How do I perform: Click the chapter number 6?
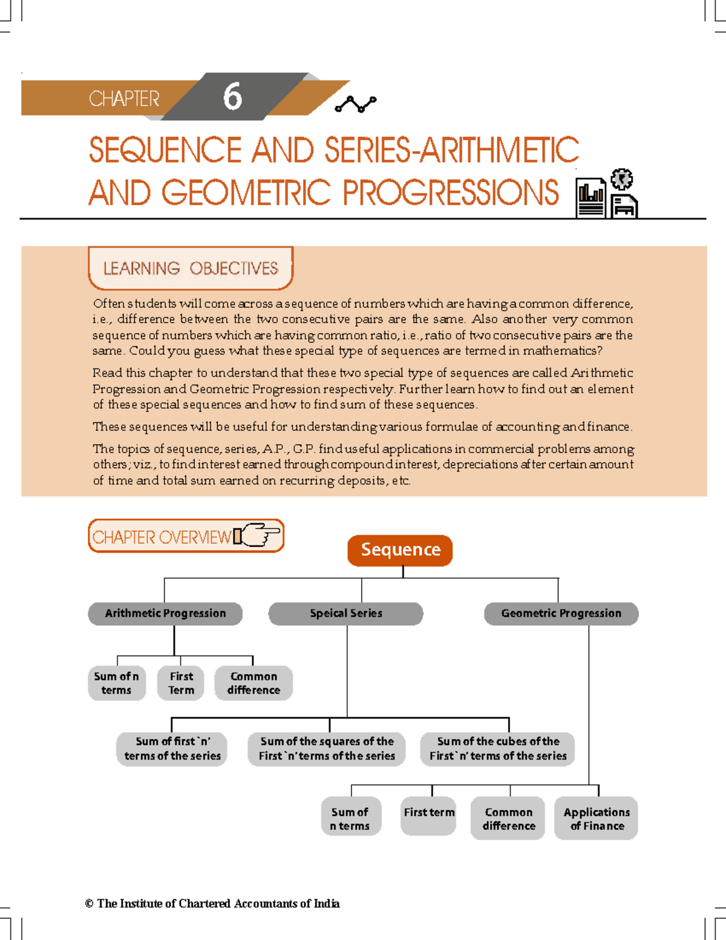click(232, 97)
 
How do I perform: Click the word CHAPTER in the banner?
click(124, 99)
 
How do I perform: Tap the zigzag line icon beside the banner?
click(355, 104)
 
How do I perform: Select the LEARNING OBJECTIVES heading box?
click(191, 268)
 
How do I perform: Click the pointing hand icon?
click(259, 535)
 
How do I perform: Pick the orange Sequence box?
click(400, 550)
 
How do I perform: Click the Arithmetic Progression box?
click(165, 613)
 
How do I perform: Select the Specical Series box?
click(345, 613)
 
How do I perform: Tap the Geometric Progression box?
click(561, 613)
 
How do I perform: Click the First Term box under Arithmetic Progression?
click(181, 683)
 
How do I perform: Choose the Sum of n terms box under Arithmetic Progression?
click(117, 683)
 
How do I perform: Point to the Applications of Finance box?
click(597, 819)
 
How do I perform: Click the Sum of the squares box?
click(327, 749)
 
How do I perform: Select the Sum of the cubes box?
click(498, 749)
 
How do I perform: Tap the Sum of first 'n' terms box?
click(172, 749)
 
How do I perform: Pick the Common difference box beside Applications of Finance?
click(508, 819)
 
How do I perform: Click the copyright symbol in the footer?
click(89, 904)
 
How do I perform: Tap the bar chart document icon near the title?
click(590, 198)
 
